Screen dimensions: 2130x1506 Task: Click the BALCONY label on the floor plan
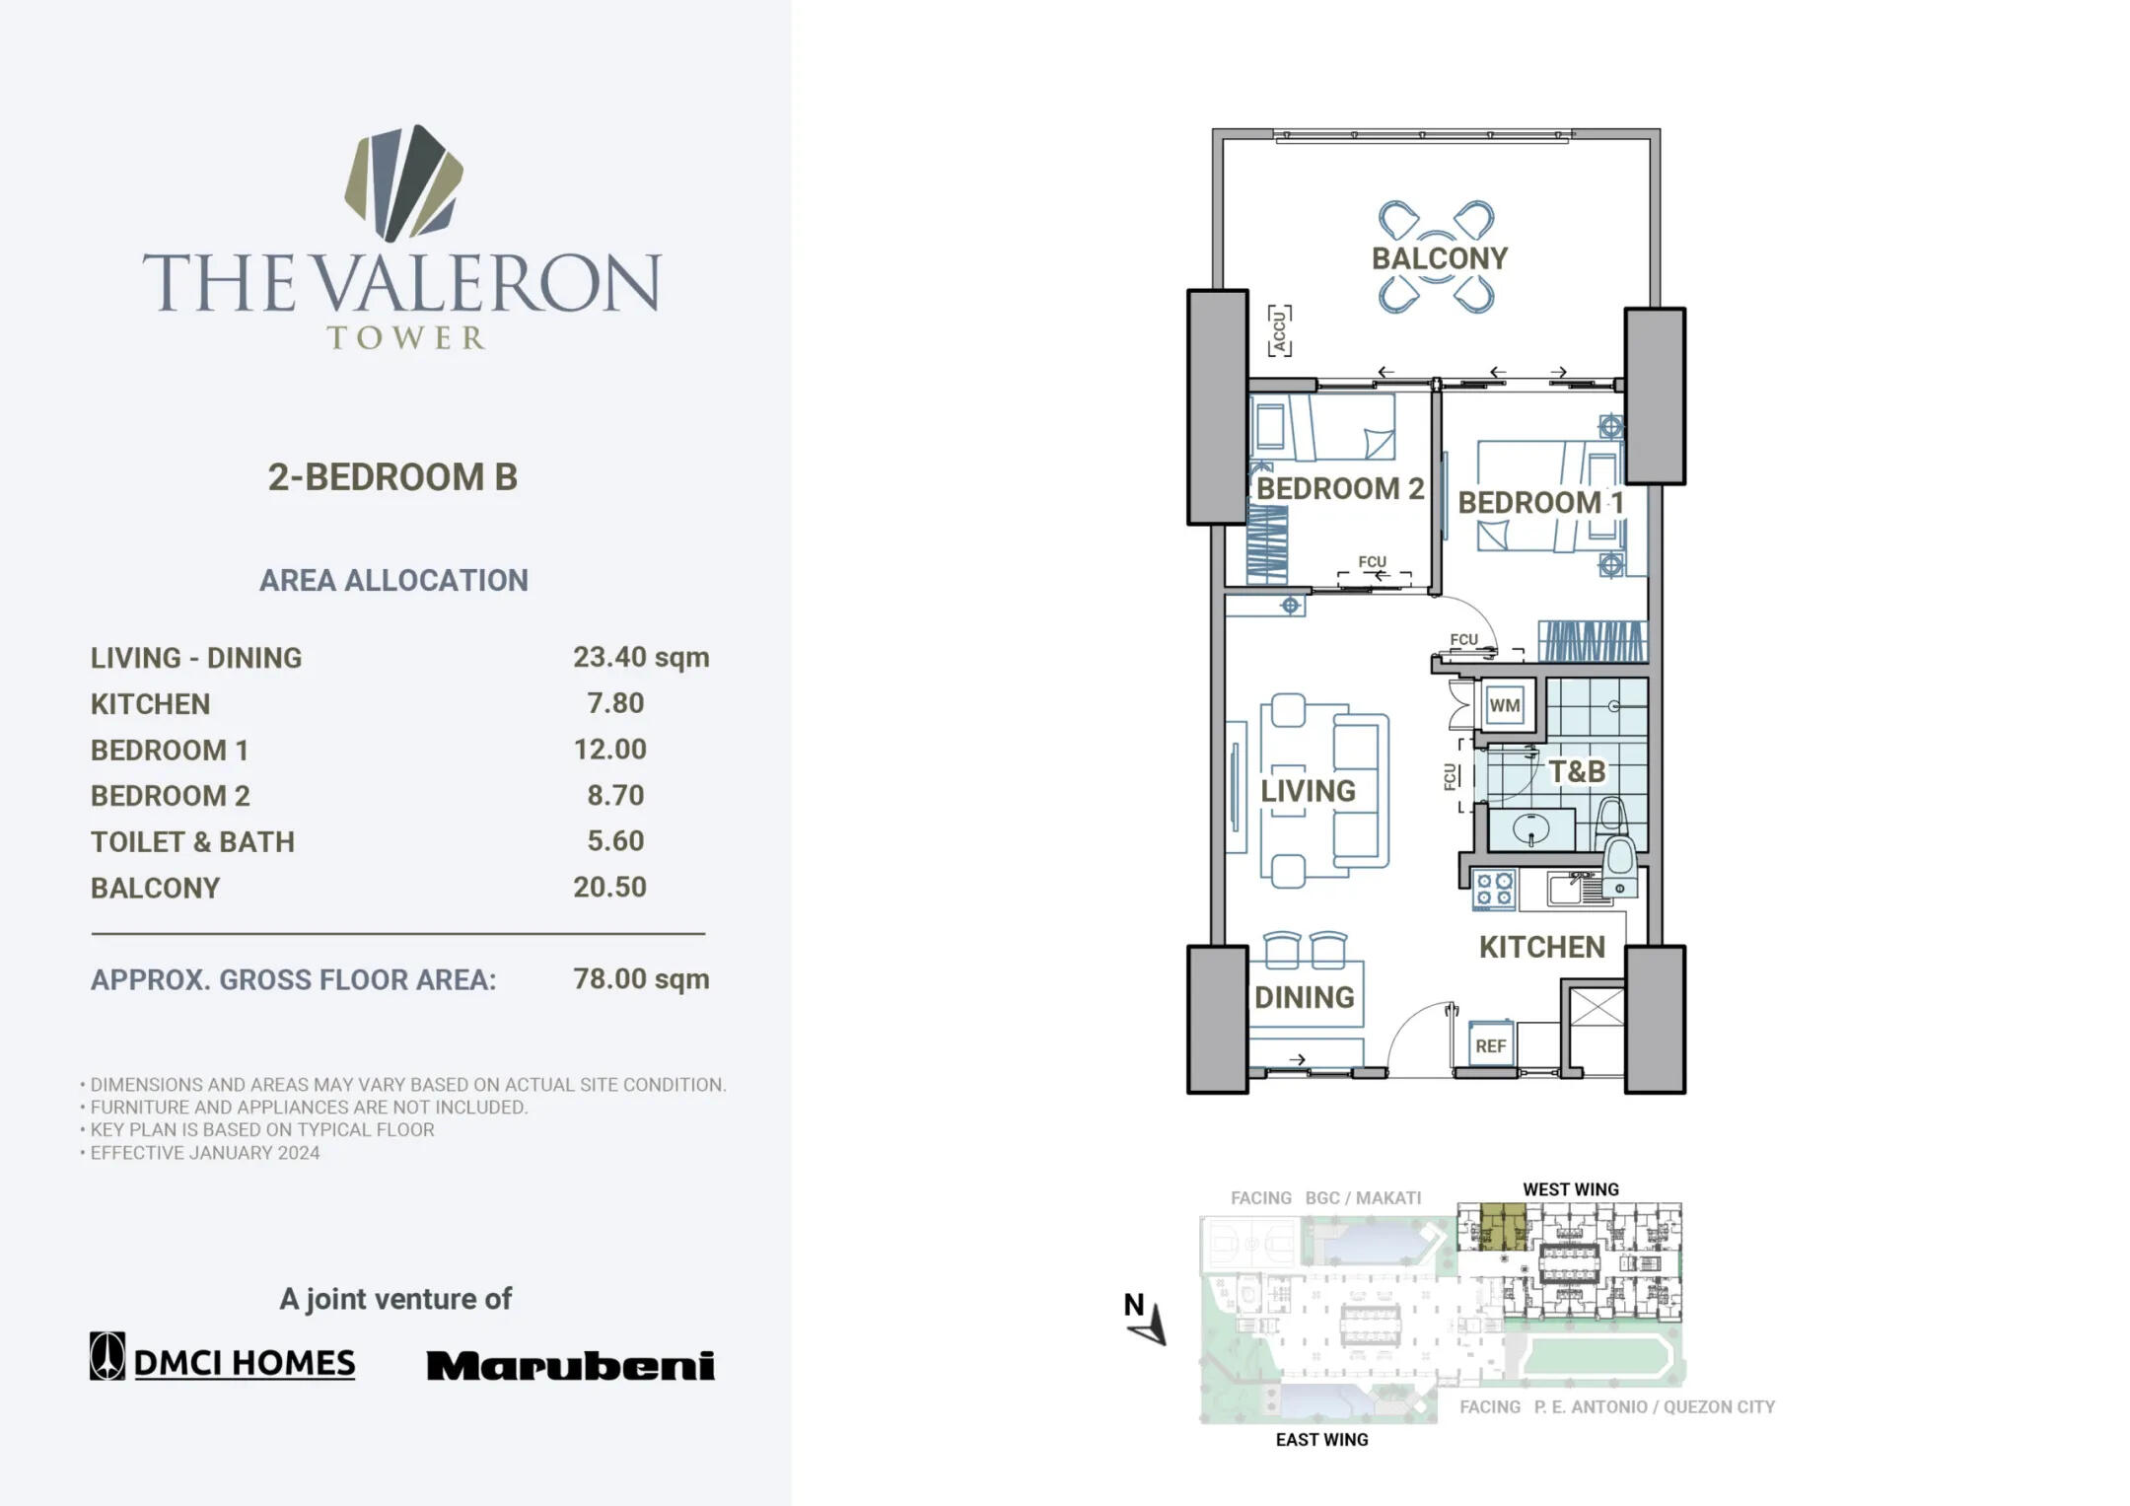[1440, 258]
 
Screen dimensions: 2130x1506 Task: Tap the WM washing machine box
[1505, 705]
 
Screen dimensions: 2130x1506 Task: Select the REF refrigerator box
[1490, 1045]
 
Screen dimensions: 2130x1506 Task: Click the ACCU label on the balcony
[1280, 330]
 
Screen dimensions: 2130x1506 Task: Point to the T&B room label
[1577, 771]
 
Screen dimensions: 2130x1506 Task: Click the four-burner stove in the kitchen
[1494, 888]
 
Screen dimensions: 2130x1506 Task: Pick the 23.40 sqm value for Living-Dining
[641, 658]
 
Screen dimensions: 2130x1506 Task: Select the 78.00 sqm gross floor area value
[641, 979]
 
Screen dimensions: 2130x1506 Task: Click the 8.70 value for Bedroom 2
[615, 795]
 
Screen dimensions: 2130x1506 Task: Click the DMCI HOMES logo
[223, 1358]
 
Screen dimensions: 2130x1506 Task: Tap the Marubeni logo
[571, 1365]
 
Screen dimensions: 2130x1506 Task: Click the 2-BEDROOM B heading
[392, 477]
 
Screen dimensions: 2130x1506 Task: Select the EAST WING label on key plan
[1321, 1440]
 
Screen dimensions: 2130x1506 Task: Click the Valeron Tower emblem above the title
[403, 183]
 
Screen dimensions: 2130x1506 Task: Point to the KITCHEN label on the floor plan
[1542, 948]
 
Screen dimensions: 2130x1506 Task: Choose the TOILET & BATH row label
[192, 842]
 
